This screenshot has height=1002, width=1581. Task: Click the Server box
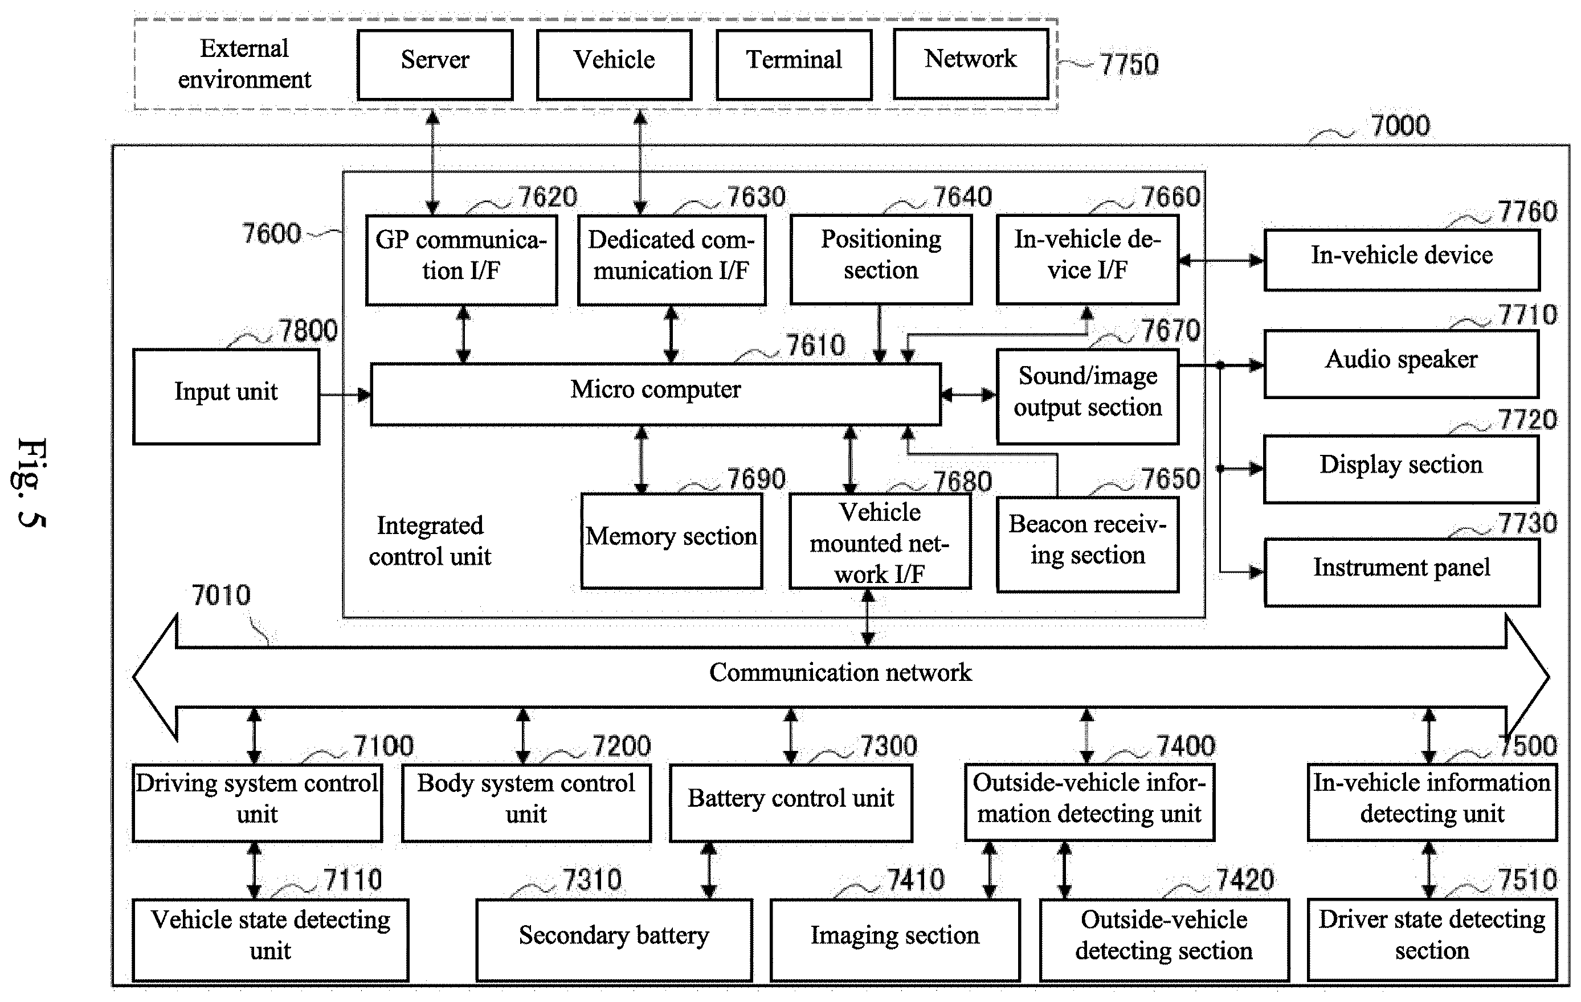(x=435, y=64)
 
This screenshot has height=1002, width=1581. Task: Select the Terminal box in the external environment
(x=794, y=64)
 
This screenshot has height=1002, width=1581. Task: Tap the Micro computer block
(x=655, y=395)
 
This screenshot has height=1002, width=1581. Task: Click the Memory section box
(x=672, y=541)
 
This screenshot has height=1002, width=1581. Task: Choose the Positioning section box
(x=880, y=259)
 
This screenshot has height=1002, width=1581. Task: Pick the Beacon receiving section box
(x=1087, y=544)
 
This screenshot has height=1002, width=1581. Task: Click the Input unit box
(x=226, y=396)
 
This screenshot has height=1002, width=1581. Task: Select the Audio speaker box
(x=1401, y=364)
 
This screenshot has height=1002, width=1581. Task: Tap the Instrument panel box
(x=1401, y=572)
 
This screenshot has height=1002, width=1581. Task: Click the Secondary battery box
(x=614, y=940)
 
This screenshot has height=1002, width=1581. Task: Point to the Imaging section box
(x=895, y=940)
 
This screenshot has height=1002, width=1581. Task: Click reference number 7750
(x=1129, y=64)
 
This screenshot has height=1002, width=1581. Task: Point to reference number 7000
(x=1400, y=125)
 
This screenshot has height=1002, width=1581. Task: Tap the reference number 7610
(x=815, y=345)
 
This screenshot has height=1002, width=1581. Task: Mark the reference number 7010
(x=220, y=595)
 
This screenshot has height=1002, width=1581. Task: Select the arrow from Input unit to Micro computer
(x=345, y=395)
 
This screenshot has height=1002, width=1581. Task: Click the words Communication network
(x=840, y=672)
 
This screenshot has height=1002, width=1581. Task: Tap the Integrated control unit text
(x=430, y=541)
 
